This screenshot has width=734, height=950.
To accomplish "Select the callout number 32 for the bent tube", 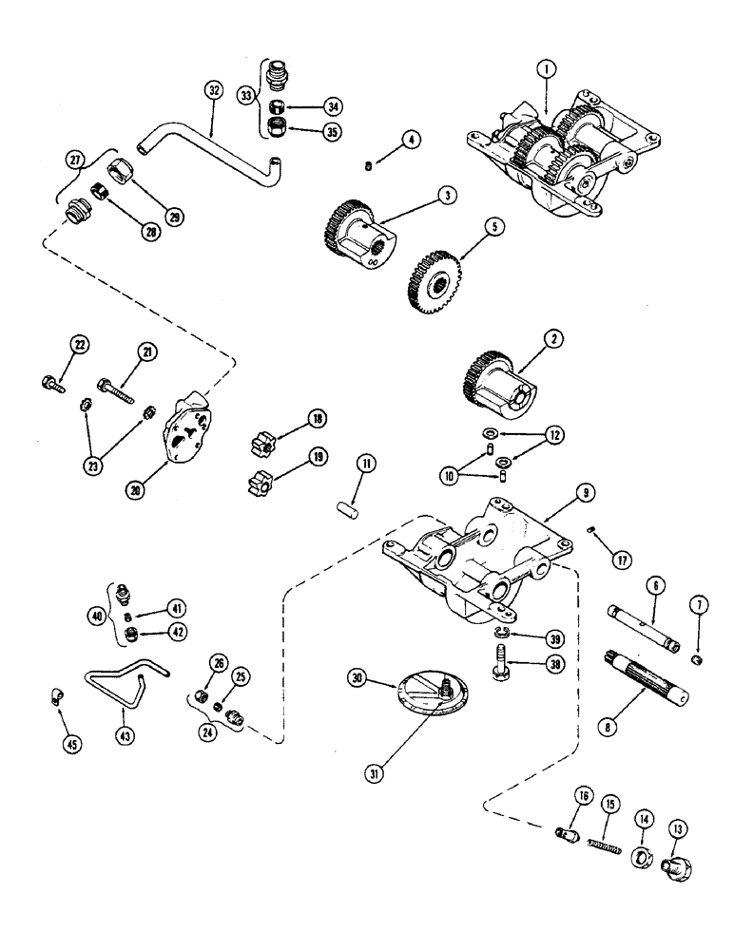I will coord(214,91).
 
